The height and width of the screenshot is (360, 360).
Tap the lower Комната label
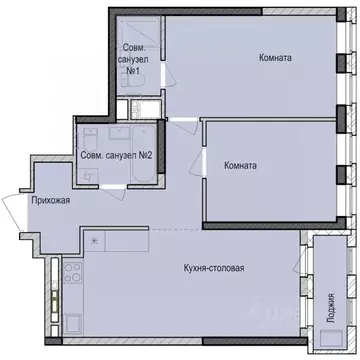239,166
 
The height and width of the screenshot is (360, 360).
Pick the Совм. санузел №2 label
117,155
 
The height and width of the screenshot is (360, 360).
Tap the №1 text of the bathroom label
131,71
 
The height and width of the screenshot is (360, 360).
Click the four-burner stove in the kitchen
71,269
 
